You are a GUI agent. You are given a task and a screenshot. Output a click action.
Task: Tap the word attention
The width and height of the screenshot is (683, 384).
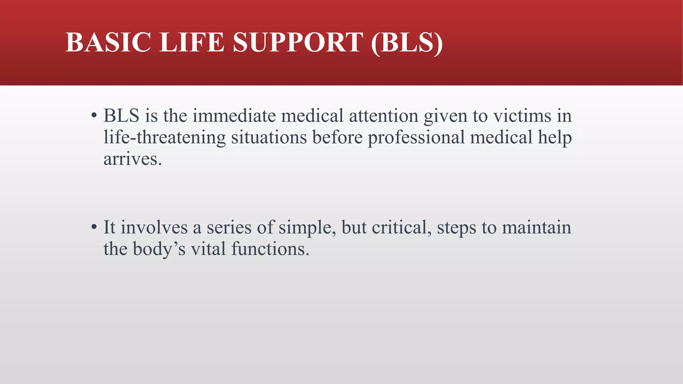(x=384, y=116)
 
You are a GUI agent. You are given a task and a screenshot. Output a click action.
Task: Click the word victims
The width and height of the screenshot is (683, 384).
(x=522, y=116)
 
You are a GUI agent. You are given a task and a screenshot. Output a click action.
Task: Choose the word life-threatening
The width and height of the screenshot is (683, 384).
(x=164, y=137)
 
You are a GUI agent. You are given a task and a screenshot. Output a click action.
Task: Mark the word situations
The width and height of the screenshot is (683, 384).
(x=269, y=137)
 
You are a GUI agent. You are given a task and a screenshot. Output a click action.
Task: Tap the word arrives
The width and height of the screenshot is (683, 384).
(x=132, y=159)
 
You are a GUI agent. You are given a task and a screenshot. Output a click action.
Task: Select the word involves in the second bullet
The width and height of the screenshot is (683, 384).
(x=154, y=227)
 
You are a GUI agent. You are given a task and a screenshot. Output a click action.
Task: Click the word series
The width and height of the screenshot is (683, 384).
(x=229, y=227)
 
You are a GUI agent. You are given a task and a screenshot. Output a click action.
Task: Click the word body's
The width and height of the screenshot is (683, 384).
(x=159, y=249)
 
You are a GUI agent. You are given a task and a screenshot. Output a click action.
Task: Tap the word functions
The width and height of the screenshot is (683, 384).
(x=270, y=249)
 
